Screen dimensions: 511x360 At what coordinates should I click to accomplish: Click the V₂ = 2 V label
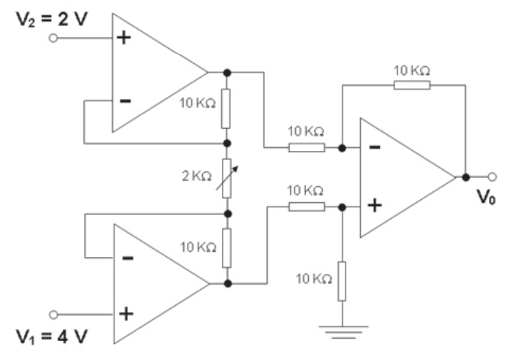[52, 19]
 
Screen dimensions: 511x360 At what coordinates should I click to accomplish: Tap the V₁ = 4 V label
[52, 336]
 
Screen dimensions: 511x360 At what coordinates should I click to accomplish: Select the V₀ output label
[487, 197]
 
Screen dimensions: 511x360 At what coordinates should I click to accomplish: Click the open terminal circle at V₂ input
[53, 38]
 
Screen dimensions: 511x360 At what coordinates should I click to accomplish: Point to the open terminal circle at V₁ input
[53, 315]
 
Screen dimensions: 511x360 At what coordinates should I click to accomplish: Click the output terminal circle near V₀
[492, 177]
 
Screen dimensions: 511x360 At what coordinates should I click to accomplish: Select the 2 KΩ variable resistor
[227, 178]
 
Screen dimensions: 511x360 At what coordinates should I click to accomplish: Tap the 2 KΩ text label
[197, 176]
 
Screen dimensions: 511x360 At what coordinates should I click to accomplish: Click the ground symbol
[343, 332]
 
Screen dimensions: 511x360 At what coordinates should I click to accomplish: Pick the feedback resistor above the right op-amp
[412, 85]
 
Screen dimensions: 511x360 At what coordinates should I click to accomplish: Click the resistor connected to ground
[342, 281]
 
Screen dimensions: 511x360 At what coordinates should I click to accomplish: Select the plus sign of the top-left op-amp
[124, 38]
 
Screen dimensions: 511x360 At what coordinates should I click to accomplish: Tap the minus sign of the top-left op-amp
[126, 101]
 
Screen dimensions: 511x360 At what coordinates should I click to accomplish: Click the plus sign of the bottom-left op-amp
[126, 314]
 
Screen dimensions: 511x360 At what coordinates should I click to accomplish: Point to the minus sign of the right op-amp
[374, 147]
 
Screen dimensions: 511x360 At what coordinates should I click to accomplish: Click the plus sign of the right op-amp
[374, 206]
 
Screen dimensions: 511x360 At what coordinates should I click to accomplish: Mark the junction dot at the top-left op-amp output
[227, 72]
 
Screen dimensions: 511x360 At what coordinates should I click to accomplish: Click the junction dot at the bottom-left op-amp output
[228, 284]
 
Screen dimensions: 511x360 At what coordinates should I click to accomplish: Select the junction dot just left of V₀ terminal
[466, 177]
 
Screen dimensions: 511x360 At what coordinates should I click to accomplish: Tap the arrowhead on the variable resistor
[236, 169]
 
